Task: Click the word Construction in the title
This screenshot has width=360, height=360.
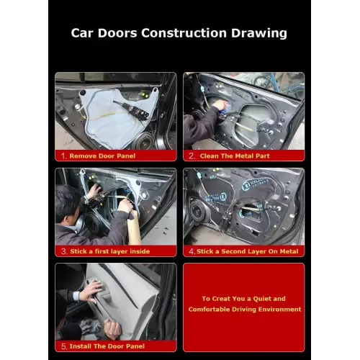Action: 184,33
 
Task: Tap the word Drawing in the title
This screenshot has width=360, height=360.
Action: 259,33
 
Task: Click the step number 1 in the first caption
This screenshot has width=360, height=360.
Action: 63,156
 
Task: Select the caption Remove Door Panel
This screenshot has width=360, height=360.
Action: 102,156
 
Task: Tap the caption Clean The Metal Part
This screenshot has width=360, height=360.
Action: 235,156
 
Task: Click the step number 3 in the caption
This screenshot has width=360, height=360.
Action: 63,251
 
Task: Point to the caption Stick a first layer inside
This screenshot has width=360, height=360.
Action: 110,251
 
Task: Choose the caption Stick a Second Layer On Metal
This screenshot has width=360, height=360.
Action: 247,251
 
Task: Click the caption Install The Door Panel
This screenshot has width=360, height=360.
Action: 107,346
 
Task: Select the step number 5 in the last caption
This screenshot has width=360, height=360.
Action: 63,346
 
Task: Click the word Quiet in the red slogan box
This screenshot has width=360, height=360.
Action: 262,299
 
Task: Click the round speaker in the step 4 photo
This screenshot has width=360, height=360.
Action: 197,210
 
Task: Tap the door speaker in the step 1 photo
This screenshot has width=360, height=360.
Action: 143,142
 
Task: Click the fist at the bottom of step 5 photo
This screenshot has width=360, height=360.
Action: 113,329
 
